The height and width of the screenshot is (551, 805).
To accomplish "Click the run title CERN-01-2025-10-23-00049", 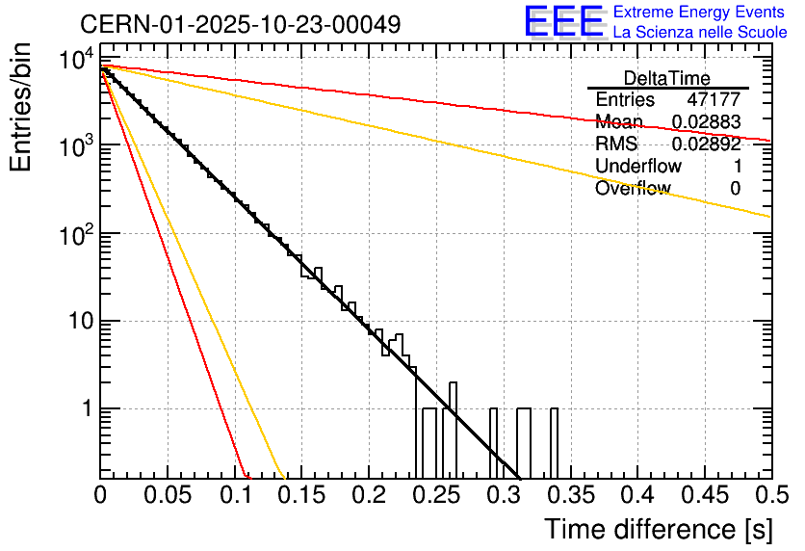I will (x=240, y=23).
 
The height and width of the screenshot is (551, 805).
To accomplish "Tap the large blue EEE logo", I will (x=563, y=21).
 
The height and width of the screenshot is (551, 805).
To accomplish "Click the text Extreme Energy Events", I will (x=700, y=13).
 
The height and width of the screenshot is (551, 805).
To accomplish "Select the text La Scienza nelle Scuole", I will (x=700, y=32).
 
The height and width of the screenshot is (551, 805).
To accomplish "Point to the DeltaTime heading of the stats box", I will (x=667, y=78).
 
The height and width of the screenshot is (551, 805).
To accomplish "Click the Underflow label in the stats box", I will (x=638, y=167).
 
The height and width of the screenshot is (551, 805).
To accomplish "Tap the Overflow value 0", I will (x=735, y=189).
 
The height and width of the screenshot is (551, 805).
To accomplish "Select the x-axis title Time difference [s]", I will (x=656, y=529).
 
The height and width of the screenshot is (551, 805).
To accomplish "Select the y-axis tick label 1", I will (x=85, y=409).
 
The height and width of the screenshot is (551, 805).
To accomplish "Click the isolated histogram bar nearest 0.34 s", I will (x=554, y=443).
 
